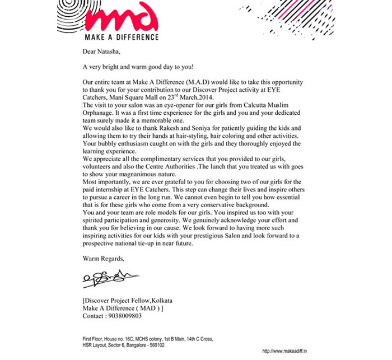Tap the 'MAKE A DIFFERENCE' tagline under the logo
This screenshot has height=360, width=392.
(122, 38)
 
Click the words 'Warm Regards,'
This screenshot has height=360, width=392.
(104, 259)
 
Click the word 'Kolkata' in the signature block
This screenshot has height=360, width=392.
(172, 300)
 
